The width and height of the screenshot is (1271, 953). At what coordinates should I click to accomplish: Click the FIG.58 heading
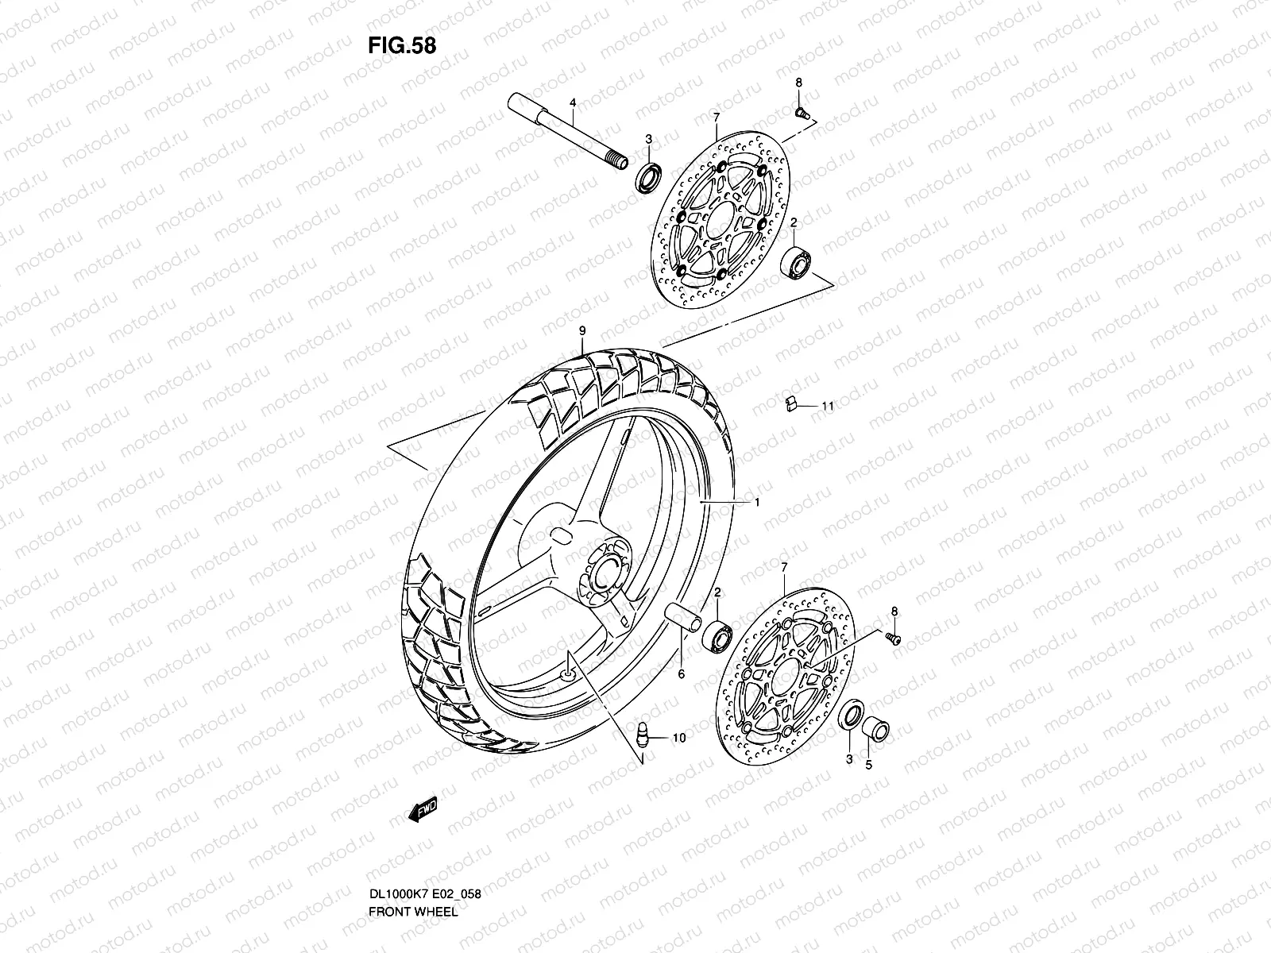click(x=402, y=46)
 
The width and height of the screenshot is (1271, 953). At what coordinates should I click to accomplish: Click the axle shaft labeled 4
click(x=567, y=131)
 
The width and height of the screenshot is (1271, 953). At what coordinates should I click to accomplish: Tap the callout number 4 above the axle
click(x=573, y=103)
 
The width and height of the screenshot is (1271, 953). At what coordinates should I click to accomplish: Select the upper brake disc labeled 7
click(x=721, y=220)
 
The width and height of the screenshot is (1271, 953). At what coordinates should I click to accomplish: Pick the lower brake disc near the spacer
click(x=785, y=677)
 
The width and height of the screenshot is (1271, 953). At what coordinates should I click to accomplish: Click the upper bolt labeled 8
click(x=802, y=112)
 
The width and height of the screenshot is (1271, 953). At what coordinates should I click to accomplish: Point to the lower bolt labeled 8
click(x=893, y=639)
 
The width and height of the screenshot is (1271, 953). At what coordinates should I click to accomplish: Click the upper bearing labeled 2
click(x=795, y=263)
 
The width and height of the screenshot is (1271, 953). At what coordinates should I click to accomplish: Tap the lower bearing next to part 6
click(x=717, y=637)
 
